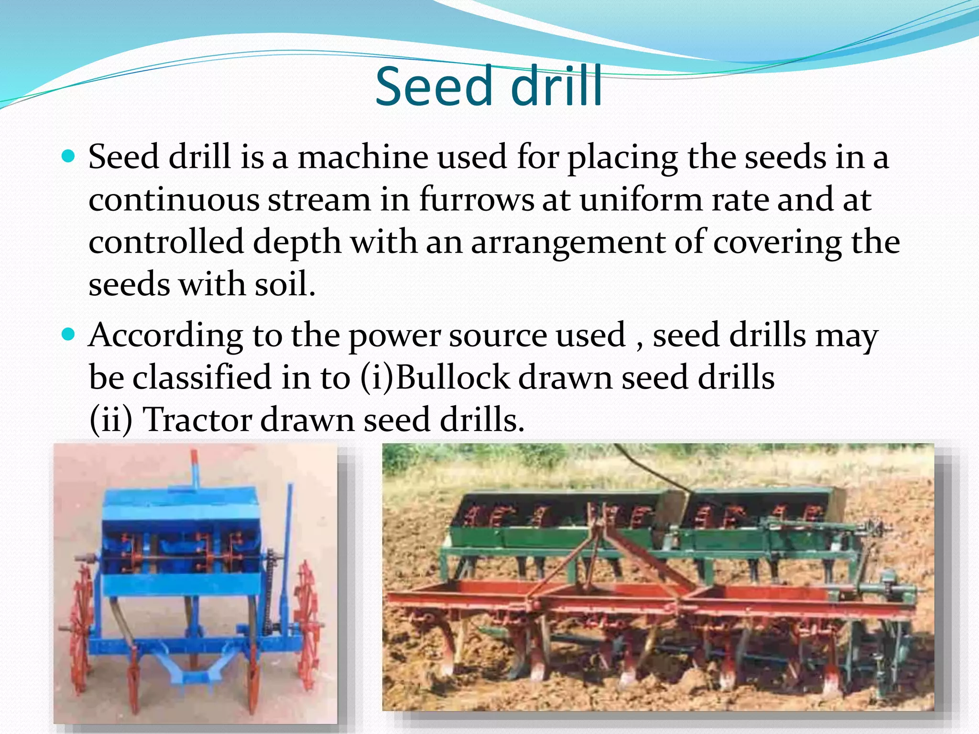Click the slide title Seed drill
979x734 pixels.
(x=489, y=87)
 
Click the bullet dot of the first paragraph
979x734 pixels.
(x=69, y=156)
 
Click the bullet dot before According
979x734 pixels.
(x=69, y=334)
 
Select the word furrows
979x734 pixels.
(x=477, y=200)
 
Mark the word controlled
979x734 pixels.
(x=166, y=242)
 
